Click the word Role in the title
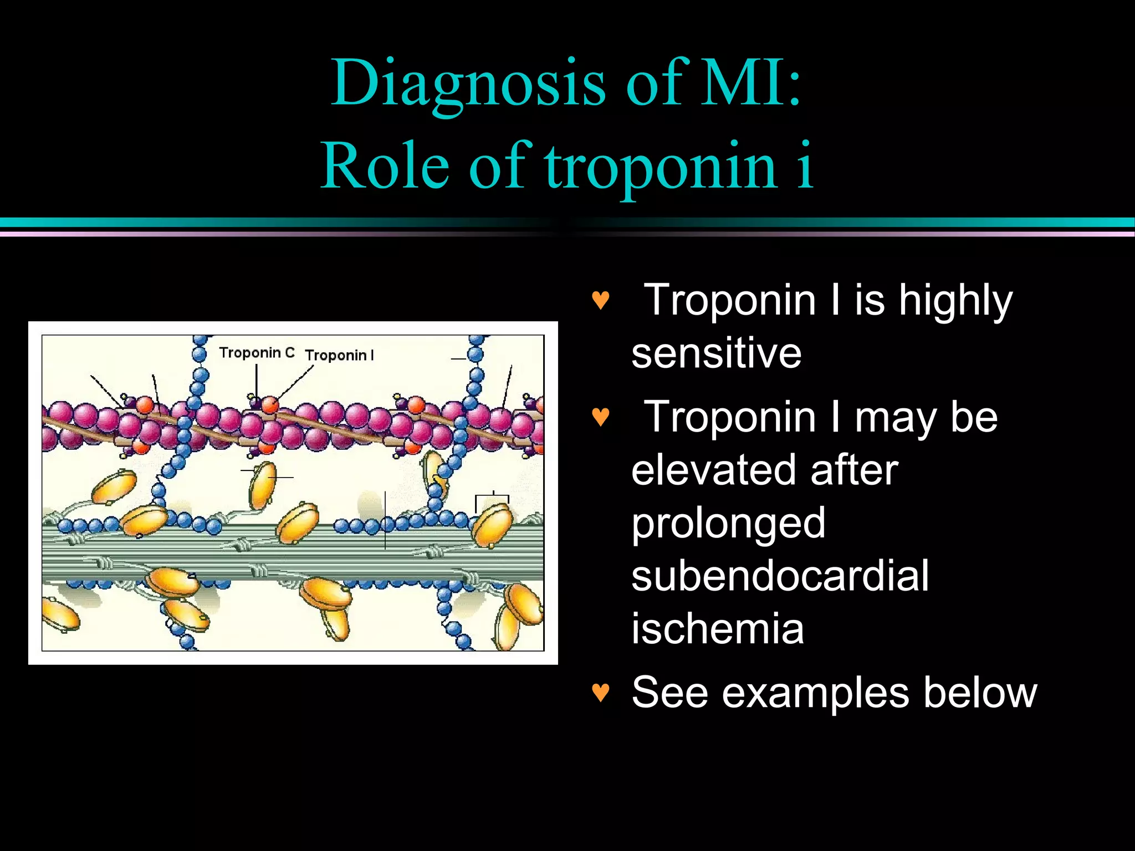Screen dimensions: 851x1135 pyautogui.click(x=385, y=166)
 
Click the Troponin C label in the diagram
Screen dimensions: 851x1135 pyautogui.click(x=257, y=353)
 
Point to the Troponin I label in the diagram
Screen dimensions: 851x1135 pyautogui.click(x=339, y=355)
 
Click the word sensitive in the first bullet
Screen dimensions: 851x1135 pyautogui.click(x=716, y=353)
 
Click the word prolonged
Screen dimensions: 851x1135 pyautogui.click(x=728, y=524)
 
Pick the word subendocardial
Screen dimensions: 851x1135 pyautogui.click(x=780, y=576)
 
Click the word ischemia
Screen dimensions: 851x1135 pyautogui.click(x=717, y=628)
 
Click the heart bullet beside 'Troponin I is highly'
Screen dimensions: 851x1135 pyautogui.click(x=601, y=301)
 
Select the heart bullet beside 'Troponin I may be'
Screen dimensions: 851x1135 pyautogui.click(x=601, y=417)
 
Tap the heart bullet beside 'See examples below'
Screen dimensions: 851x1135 pyautogui.click(x=601, y=692)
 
